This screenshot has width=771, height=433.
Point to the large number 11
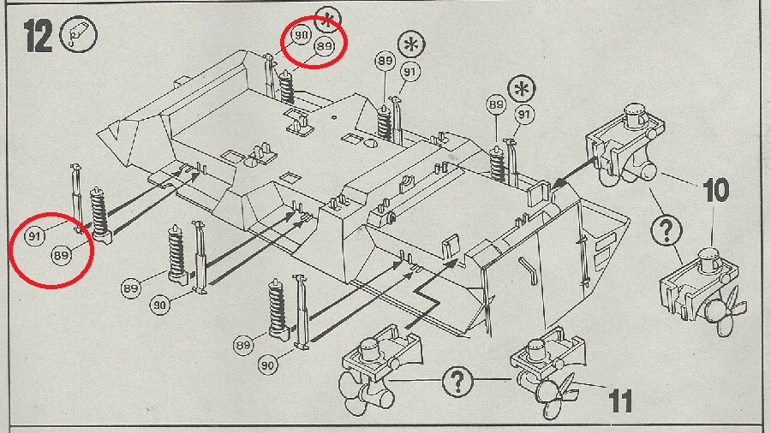622,399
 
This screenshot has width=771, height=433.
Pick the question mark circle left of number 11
458,379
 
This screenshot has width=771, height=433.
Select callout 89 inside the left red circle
60,255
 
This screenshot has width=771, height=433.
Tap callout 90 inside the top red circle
300,35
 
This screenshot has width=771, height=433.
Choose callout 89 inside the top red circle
323,48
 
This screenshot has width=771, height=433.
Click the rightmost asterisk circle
520,88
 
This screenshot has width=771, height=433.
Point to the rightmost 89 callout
495,104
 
